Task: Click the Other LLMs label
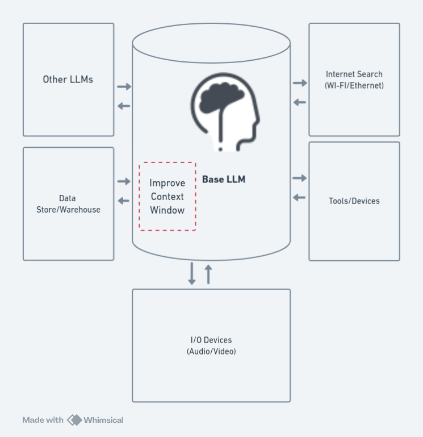click(68, 80)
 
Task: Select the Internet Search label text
click(354, 80)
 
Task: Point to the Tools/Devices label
click(354, 201)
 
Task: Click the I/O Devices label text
click(211, 346)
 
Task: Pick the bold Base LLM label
click(224, 180)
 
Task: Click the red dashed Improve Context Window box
click(167, 197)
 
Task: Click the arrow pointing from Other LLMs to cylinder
click(124, 87)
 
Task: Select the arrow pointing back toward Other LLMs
click(124, 106)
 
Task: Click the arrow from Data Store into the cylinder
click(124, 181)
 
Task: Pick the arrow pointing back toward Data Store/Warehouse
click(124, 200)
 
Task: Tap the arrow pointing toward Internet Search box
click(300, 84)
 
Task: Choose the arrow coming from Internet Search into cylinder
click(300, 102)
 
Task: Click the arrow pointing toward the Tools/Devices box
click(300, 178)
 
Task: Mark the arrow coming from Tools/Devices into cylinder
click(300, 197)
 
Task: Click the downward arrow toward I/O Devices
click(192, 273)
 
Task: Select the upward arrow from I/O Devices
click(208, 273)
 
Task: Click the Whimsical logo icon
click(74, 420)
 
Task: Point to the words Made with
click(43, 420)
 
